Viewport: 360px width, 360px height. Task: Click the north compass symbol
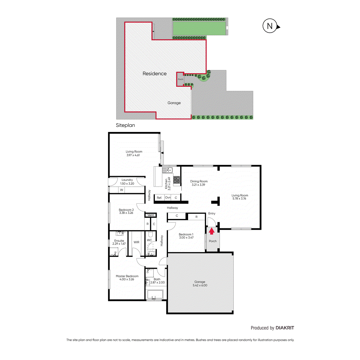[270, 26]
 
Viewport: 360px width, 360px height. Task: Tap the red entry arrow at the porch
[212, 231]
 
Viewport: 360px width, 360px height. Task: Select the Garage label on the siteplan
[174, 103]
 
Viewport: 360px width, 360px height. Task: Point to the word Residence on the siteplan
[154, 73]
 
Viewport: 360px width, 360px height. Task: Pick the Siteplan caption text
[125, 125]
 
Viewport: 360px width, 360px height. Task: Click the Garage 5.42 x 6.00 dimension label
[200, 283]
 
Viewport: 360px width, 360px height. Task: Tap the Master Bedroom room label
[127, 277]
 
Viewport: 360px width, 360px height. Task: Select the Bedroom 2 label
[126, 211]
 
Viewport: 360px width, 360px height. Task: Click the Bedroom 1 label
[186, 236]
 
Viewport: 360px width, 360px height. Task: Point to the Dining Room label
[199, 183]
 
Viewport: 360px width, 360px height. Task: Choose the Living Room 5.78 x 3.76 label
[240, 197]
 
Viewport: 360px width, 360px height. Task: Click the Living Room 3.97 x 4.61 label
[134, 153]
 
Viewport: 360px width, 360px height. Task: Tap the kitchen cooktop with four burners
[177, 180]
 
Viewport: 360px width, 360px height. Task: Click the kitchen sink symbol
[167, 170]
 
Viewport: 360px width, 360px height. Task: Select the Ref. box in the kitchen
[159, 198]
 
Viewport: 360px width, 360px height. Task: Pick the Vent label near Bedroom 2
[151, 215]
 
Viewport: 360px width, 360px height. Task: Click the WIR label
[136, 242]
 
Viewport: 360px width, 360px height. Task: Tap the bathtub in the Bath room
[155, 294]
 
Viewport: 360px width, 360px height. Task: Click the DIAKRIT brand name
[285, 328]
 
